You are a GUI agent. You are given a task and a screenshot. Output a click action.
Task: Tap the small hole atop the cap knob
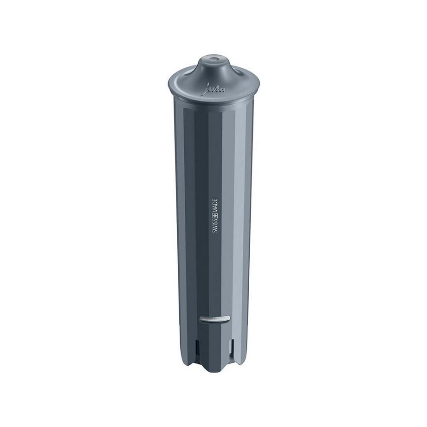(x=214, y=59)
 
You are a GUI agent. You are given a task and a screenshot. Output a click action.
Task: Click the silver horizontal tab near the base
(x=214, y=318)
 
